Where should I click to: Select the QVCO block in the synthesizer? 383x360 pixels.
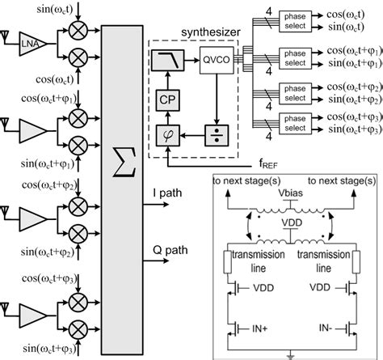coord(211,59)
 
